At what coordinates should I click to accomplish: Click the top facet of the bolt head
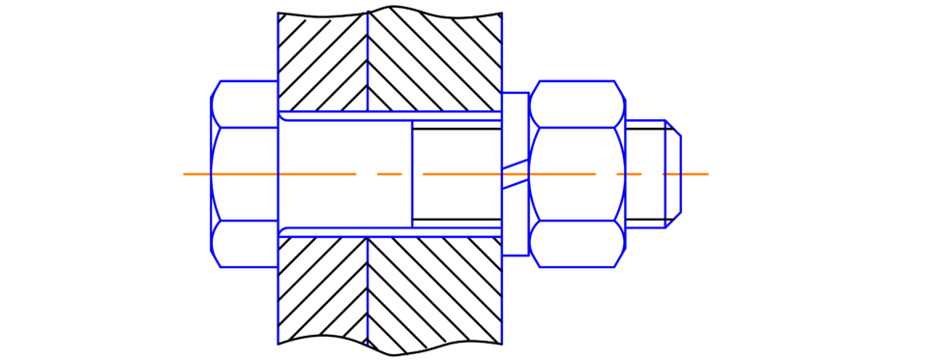click(x=245, y=104)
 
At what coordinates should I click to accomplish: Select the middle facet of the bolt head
click(x=245, y=174)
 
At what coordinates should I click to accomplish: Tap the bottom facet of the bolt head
click(x=245, y=244)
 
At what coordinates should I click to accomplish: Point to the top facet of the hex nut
click(x=578, y=104)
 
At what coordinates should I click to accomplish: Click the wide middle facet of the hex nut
click(x=578, y=174)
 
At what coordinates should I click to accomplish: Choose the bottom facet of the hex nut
click(x=578, y=244)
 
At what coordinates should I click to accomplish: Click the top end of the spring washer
click(x=517, y=97)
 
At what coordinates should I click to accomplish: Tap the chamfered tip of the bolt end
click(x=674, y=174)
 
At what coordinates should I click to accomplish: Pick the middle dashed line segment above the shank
click(x=368, y=58)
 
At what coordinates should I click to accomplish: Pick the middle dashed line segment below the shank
click(x=368, y=290)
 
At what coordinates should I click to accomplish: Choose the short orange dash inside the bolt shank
click(x=389, y=174)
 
